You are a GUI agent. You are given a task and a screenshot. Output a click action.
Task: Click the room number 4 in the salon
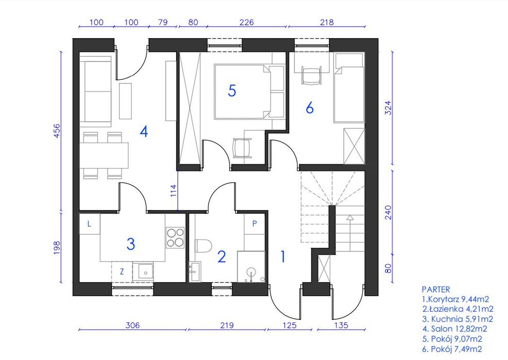(x=144, y=132)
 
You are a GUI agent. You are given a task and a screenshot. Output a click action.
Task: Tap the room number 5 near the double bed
(x=232, y=91)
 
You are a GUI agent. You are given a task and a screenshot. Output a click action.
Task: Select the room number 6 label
(x=310, y=108)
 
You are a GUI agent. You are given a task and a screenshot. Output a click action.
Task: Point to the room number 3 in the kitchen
(x=131, y=244)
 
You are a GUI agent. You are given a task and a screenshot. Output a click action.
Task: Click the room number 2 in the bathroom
(x=222, y=256)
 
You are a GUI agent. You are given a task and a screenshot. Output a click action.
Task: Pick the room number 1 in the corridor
(x=283, y=256)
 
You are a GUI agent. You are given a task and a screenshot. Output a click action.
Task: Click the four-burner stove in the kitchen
(x=175, y=238)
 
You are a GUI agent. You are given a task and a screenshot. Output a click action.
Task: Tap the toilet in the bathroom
(x=203, y=245)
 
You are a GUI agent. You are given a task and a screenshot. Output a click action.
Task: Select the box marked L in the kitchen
(x=90, y=224)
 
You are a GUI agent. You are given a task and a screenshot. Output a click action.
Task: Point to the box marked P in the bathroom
(x=255, y=224)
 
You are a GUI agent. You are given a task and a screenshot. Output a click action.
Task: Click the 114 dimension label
(x=173, y=191)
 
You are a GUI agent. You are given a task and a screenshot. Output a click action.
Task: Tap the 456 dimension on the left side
(x=57, y=131)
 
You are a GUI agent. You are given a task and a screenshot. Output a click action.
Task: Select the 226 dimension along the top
(x=246, y=22)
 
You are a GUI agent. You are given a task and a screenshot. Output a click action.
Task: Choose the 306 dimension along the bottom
(x=132, y=325)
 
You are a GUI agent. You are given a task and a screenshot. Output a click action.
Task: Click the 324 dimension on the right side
(x=388, y=108)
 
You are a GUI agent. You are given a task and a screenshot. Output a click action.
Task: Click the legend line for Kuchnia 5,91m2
(x=457, y=319)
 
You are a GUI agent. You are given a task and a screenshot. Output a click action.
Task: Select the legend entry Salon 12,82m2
(x=454, y=329)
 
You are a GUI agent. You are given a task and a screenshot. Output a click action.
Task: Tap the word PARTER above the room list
(x=436, y=289)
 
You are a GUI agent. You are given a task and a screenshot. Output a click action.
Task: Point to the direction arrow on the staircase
(x=350, y=233)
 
